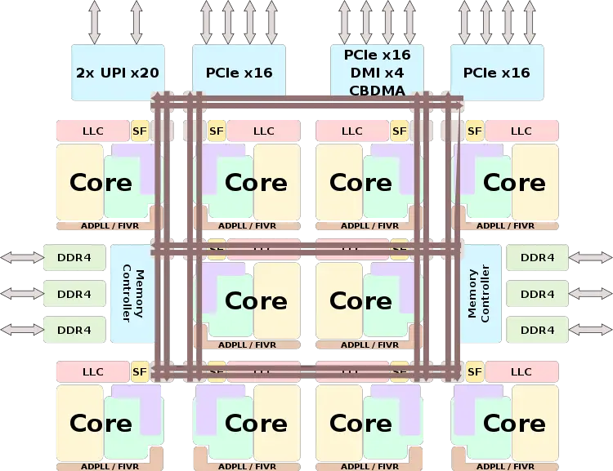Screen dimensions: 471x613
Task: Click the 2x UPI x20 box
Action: tap(117, 73)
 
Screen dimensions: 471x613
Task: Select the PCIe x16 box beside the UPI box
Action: tap(239, 73)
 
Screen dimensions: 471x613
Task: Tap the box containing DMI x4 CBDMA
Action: tap(377, 73)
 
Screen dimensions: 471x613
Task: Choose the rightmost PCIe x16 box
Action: tap(496, 73)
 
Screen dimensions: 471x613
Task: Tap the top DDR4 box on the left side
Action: tap(74, 258)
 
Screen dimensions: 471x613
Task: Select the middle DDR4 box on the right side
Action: tap(537, 294)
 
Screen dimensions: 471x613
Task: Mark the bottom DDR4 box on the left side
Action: tap(74, 330)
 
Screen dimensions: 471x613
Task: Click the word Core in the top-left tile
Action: tap(101, 182)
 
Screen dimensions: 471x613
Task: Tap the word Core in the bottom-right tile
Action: tap(514, 424)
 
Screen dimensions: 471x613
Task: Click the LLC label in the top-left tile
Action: tap(93, 131)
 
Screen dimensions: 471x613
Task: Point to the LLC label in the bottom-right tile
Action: tap(521, 372)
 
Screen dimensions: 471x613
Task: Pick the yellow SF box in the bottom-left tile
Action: tap(140, 372)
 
